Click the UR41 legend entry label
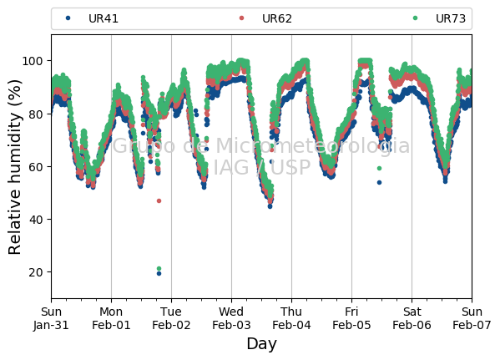pos(104,18)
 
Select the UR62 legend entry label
pos(277,18)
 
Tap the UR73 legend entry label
pos(451,18)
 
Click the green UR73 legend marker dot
pos(415,18)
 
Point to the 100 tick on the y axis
pos(32,61)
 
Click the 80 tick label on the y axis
pos(35,114)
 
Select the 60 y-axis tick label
pos(35,166)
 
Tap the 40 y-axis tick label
pos(35,219)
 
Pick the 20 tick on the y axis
pos(35,272)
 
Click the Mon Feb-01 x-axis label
pos(111,318)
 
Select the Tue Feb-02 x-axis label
pos(171,318)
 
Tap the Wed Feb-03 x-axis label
pos(231,318)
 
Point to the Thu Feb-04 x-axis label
pos(291,318)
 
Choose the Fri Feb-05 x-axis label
pos(351,318)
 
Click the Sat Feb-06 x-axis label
pos(412,318)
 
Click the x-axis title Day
pos(261,344)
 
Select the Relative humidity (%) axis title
pos(15,167)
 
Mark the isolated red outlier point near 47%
pos(159,200)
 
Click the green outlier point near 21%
pos(159,268)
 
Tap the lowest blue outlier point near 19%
pos(159,273)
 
